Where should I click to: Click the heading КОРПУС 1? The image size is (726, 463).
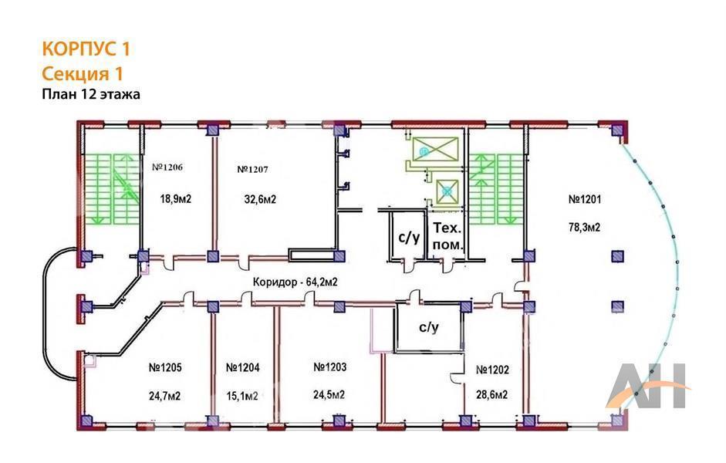86,49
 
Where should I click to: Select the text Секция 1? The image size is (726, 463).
83,73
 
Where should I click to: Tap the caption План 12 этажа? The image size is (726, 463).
91,94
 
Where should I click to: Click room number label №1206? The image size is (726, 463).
167,167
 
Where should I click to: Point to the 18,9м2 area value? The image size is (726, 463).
175,199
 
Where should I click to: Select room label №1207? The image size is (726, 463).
252,170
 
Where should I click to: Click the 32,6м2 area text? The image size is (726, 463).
260,200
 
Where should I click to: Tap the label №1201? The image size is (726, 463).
585,200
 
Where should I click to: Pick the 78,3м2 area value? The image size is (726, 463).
584,228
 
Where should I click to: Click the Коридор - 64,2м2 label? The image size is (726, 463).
295,282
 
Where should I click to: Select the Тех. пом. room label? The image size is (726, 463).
447,237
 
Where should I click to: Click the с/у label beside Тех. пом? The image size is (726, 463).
410,237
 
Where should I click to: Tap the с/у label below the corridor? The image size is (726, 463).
429,327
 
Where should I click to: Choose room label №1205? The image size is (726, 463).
165,367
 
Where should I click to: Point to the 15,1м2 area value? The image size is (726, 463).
242,397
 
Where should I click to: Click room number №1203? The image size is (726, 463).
329,367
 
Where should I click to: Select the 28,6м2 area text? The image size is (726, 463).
491,394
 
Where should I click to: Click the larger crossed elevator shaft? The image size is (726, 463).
435,149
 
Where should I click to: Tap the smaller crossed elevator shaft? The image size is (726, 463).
447,191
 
